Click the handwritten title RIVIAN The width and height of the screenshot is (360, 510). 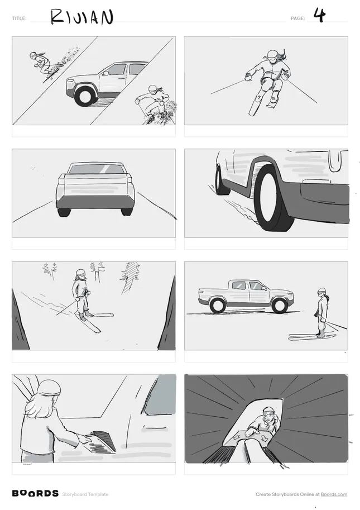[x=82, y=17]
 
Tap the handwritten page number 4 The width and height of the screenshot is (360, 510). [x=319, y=15]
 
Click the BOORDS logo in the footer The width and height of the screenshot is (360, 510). [x=35, y=493]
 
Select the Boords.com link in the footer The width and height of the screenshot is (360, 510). [x=334, y=494]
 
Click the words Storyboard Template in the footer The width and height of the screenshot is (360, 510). [x=85, y=494]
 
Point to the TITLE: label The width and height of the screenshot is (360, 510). [x=19, y=18]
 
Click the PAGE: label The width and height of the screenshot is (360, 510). [x=298, y=18]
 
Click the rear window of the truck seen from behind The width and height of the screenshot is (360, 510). [x=95, y=169]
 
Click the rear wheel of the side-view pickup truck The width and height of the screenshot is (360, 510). [x=217, y=306]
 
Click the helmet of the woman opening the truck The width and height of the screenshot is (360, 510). [x=49, y=388]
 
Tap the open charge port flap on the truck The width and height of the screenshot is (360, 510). [x=103, y=441]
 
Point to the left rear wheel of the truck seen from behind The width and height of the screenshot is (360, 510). [x=64, y=212]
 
